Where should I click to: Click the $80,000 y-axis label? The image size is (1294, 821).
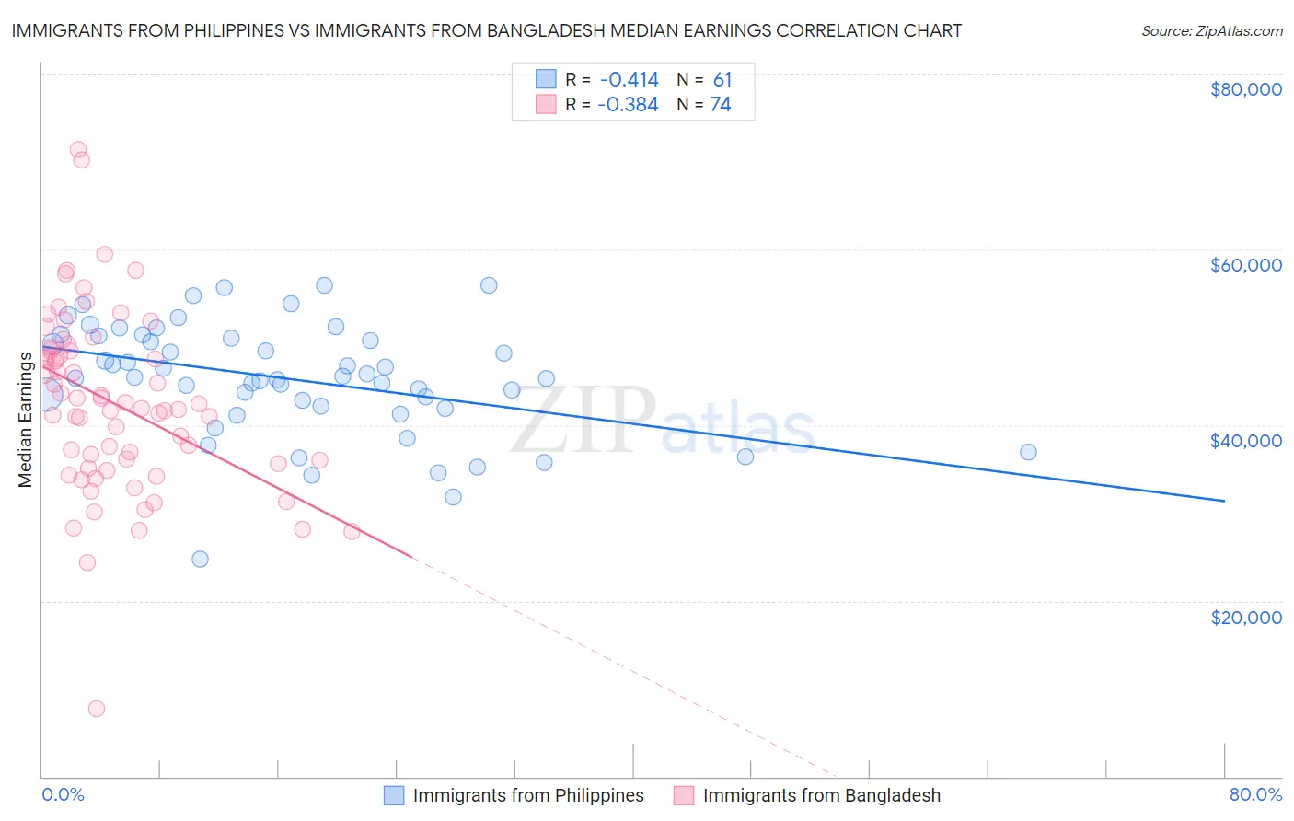click(1245, 89)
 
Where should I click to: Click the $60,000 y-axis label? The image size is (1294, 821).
click(1245, 265)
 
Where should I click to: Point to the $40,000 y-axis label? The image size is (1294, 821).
click(1245, 441)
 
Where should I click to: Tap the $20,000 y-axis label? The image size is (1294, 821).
click(1245, 617)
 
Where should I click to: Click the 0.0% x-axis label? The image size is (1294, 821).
click(63, 794)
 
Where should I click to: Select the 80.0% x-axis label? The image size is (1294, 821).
click(1255, 794)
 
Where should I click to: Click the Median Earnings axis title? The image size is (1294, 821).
click(25, 420)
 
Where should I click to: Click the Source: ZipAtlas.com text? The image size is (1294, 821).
click(1211, 30)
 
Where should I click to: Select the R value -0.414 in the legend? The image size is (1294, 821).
click(629, 79)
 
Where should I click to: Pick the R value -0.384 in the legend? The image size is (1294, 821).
click(628, 105)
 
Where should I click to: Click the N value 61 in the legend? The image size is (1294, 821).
click(722, 79)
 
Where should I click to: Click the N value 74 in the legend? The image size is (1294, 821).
click(721, 105)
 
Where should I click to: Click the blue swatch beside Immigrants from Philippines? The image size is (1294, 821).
click(394, 795)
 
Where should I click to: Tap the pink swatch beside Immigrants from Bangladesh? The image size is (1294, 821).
click(684, 795)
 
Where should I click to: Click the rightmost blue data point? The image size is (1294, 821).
click(1028, 452)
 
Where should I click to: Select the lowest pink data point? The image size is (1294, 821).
click(97, 709)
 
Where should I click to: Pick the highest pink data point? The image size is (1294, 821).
click(78, 149)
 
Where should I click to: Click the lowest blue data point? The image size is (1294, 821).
click(200, 559)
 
